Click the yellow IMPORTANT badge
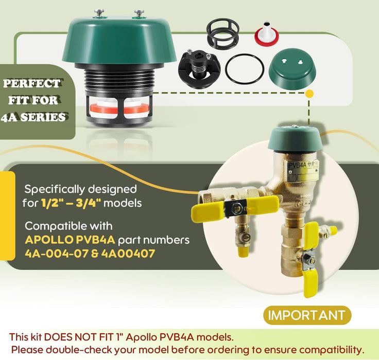pyautogui.click(x=307, y=315)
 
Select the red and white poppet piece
pyautogui.click(x=266, y=33)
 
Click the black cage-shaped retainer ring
pyautogui.click(x=222, y=32)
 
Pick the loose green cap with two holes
pyautogui.click(x=292, y=68)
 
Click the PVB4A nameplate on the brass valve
pyautogui.click(x=303, y=170)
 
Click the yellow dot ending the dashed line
pyautogui.click(x=309, y=94)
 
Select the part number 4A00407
pyautogui.click(x=128, y=254)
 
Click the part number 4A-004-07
pyautogui.click(x=57, y=254)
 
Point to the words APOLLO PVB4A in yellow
pyautogui.click(x=70, y=240)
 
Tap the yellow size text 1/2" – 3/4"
pyautogui.click(x=71, y=203)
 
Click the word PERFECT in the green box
pyautogui.click(x=31, y=83)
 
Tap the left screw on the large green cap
pyautogui.click(x=99, y=13)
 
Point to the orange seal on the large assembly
pyautogui.click(x=119, y=109)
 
